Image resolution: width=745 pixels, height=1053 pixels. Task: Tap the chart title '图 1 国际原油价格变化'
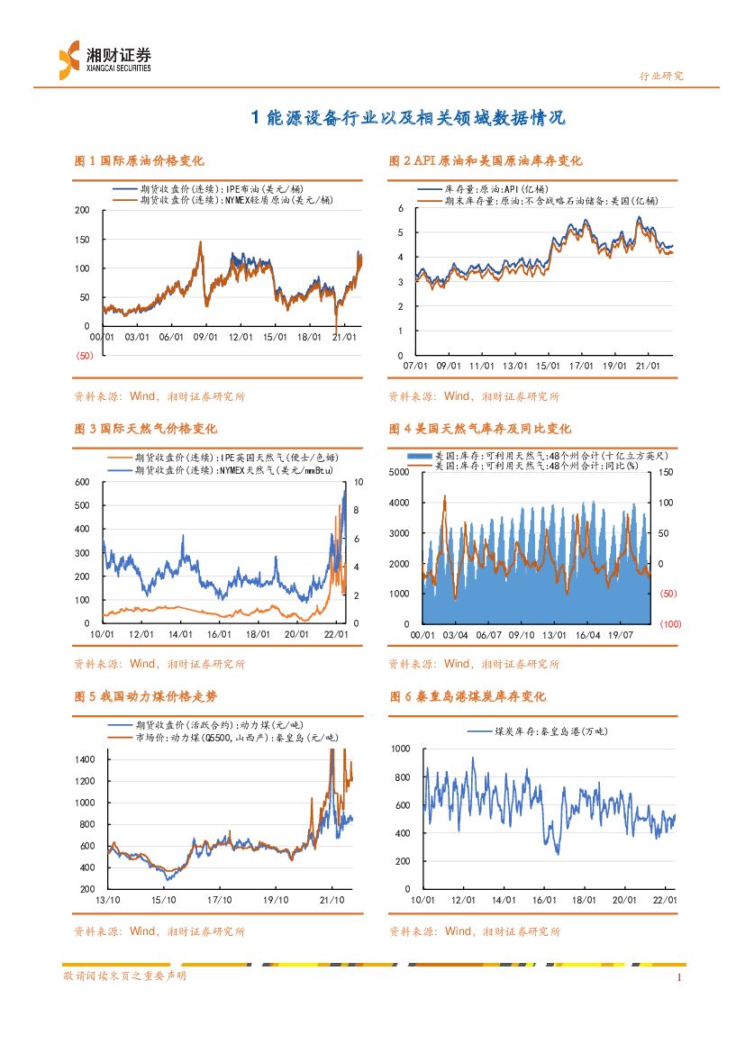coord(139,161)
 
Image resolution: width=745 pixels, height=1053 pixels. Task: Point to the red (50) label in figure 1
coord(85,356)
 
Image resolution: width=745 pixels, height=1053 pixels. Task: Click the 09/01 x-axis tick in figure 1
coord(206,337)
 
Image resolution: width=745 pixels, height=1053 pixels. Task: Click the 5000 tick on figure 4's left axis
coord(399,473)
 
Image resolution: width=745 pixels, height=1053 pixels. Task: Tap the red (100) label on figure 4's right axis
coord(670,623)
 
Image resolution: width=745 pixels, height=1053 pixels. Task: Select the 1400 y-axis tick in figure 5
coord(86,759)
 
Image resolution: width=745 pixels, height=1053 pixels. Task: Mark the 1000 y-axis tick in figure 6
coord(401,749)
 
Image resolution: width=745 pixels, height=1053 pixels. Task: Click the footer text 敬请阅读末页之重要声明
coord(124,976)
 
